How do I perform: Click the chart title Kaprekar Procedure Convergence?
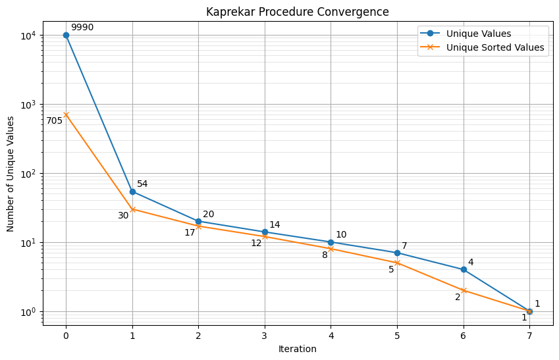point(297,12)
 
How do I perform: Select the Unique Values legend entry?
point(478,34)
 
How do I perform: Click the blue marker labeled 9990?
point(66,35)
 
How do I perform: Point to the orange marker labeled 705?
point(66,115)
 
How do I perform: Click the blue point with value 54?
point(132,192)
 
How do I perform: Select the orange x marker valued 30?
point(132,209)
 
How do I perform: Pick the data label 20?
point(208,215)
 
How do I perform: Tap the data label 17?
point(190,232)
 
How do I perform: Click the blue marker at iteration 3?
point(265,232)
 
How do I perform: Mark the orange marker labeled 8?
point(331,249)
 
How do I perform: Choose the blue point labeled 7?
point(397,253)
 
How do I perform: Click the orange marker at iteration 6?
point(464,290)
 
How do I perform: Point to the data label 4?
point(471,263)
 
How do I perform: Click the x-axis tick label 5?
point(397,336)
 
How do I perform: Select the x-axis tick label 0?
point(66,336)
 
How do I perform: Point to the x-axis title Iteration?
point(297,349)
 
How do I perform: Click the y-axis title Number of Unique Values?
point(11,174)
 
